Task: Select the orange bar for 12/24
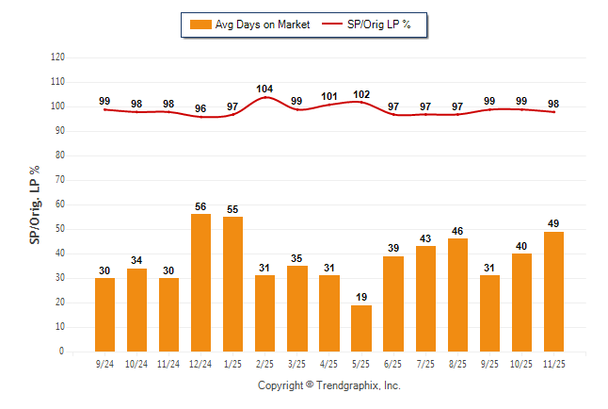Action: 200,283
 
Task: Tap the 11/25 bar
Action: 553,291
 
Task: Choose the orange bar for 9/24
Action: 104,315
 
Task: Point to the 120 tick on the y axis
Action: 57,57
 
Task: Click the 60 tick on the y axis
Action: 60,204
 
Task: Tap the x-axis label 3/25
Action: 296,363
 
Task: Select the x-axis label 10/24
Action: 136,363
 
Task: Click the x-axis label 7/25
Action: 425,363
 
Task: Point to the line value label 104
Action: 264,89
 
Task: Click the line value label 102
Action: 360,94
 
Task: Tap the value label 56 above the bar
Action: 200,206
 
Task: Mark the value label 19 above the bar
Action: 360,297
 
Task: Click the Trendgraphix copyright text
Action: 329,385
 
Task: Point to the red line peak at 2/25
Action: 264,97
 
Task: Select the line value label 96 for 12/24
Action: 200,108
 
